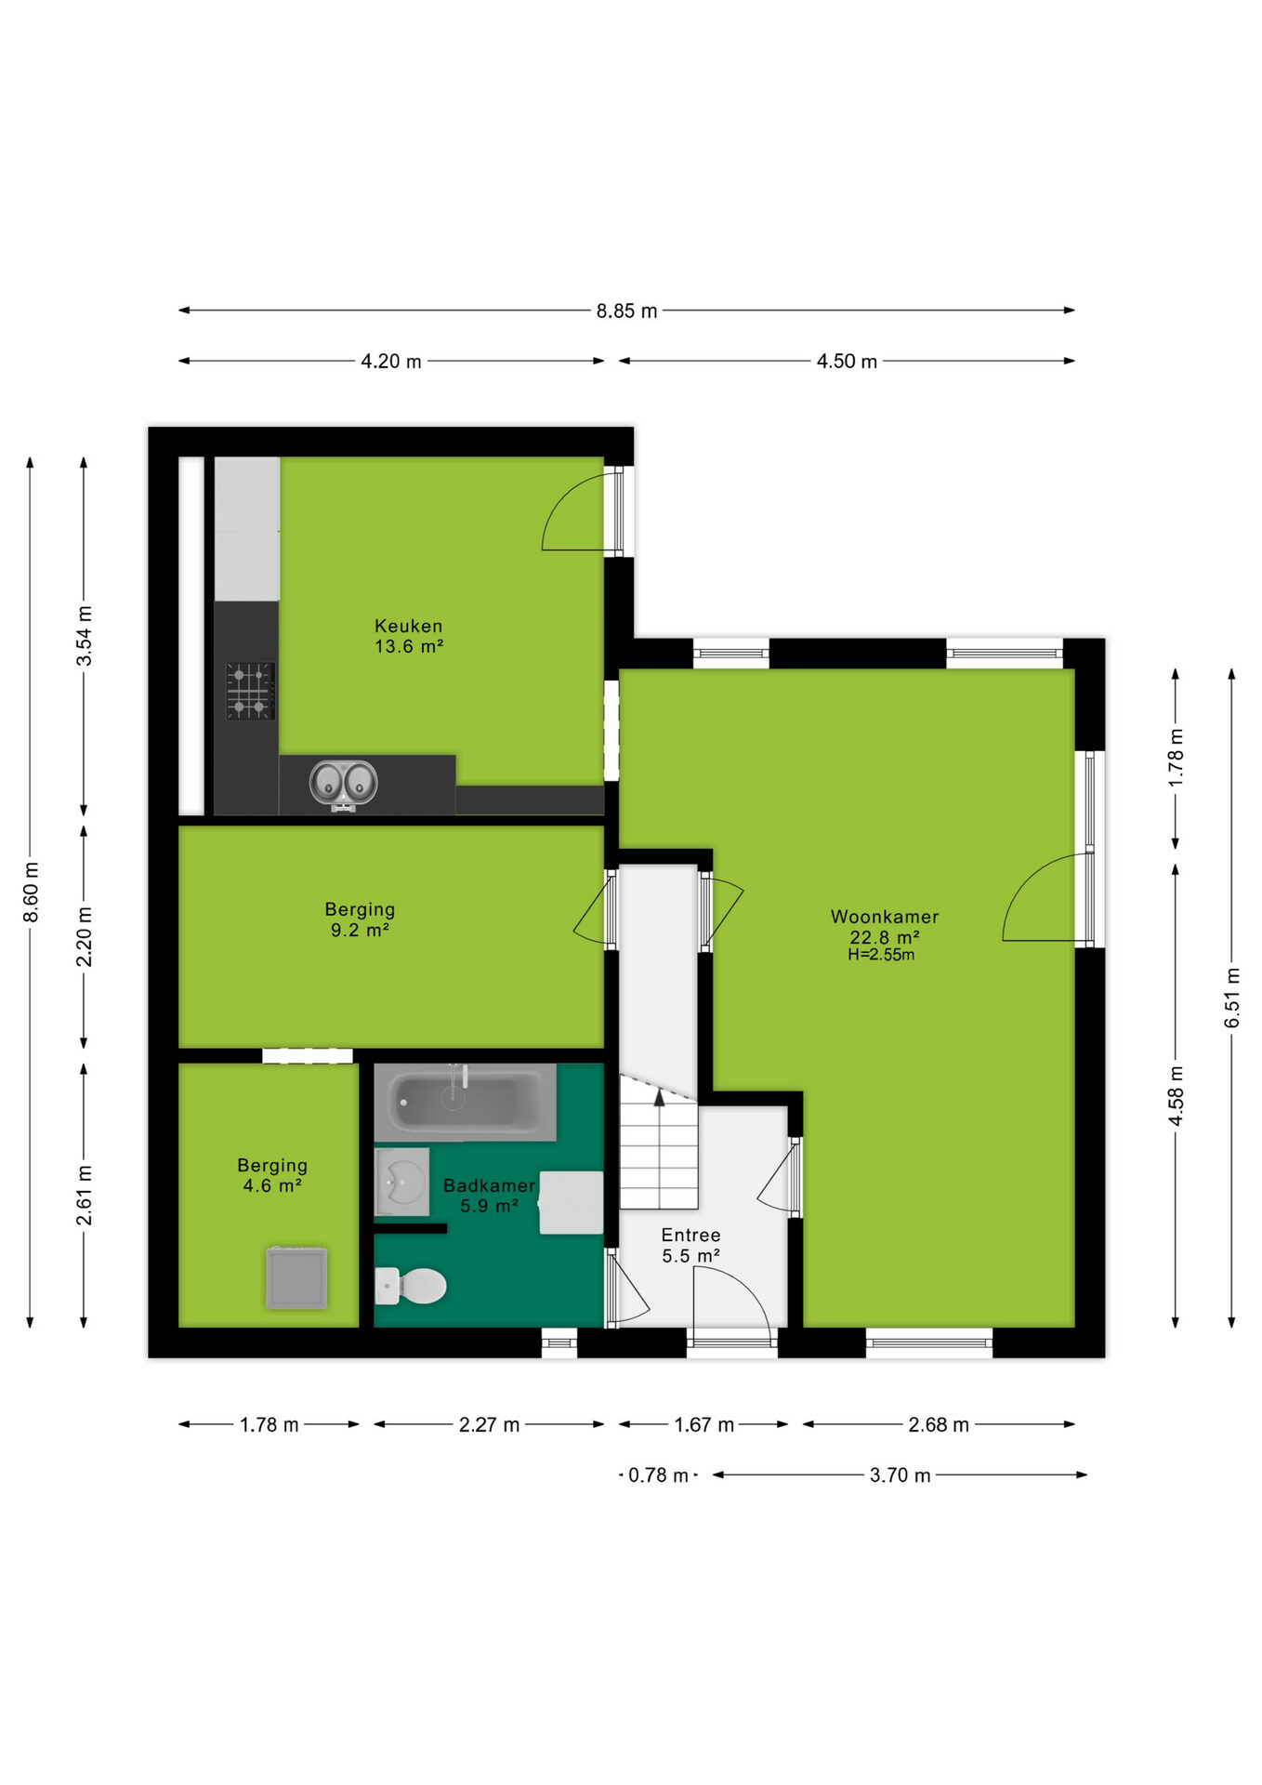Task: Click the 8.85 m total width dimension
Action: point(626,311)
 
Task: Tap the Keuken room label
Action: point(408,626)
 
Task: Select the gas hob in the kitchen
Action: point(250,691)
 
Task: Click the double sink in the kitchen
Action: point(343,783)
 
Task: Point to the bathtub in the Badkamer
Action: point(465,1103)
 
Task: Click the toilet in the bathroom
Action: point(411,1286)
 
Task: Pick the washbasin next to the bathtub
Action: point(401,1182)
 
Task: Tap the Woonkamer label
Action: point(885,917)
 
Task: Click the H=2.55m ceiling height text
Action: point(881,955)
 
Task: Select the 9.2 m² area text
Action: point(360,930)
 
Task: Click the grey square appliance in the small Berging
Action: point(296,1277)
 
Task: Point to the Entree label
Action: point(690,1235)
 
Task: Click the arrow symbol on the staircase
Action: point(659,1097)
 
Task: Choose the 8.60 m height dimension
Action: point(31,892)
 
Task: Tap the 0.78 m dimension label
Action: point(658,1475)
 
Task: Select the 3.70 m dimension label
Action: point(900,1475)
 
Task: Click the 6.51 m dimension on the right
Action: point(1232,998)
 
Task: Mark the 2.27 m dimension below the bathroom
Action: point(489,1424)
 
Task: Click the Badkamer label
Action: point(489,1185)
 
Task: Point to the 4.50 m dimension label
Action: point(847,362)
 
